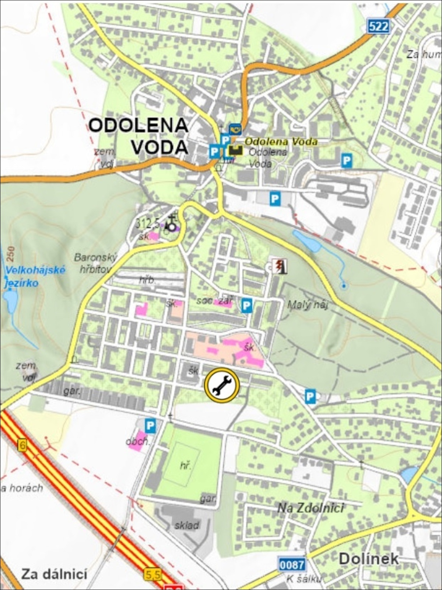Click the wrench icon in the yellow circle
point(222,385)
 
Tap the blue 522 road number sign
point(378,26)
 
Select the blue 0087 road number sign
point(292,565)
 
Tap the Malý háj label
point(308,305)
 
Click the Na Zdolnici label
point(311,508)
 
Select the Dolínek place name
point(369,559)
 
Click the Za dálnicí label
point(54,574)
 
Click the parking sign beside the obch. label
point(150,426)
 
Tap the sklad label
point(187,525)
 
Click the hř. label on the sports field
point(186,466)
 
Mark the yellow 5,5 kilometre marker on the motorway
point(153,575)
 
